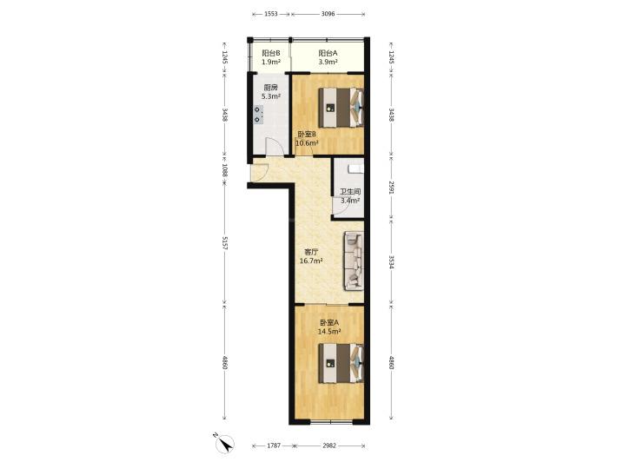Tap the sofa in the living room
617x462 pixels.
tap(354, 261)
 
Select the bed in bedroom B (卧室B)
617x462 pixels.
tap(341, 108)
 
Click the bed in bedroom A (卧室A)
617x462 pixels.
tap(341, 363)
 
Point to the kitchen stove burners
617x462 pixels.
tap(257, 115)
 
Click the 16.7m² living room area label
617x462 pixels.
tap(311, 261)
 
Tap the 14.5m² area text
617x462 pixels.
tap(329, 332)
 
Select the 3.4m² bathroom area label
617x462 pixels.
tap(350, 201)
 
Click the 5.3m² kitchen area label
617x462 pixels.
tap(271, 96)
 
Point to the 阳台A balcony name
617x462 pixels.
tap(328, 53)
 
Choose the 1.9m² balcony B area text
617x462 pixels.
tap(271, 63)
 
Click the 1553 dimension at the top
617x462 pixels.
tap(271, 14)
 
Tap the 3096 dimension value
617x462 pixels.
tap(328, 14)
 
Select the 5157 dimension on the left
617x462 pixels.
tap(225, 243)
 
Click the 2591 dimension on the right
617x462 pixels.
tap(391, 188)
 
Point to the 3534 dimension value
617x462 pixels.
tap(391, 262)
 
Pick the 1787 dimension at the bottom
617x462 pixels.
tap(274, 445)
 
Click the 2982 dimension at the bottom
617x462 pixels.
tap(329, 445)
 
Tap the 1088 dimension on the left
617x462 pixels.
tap(225, 170)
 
